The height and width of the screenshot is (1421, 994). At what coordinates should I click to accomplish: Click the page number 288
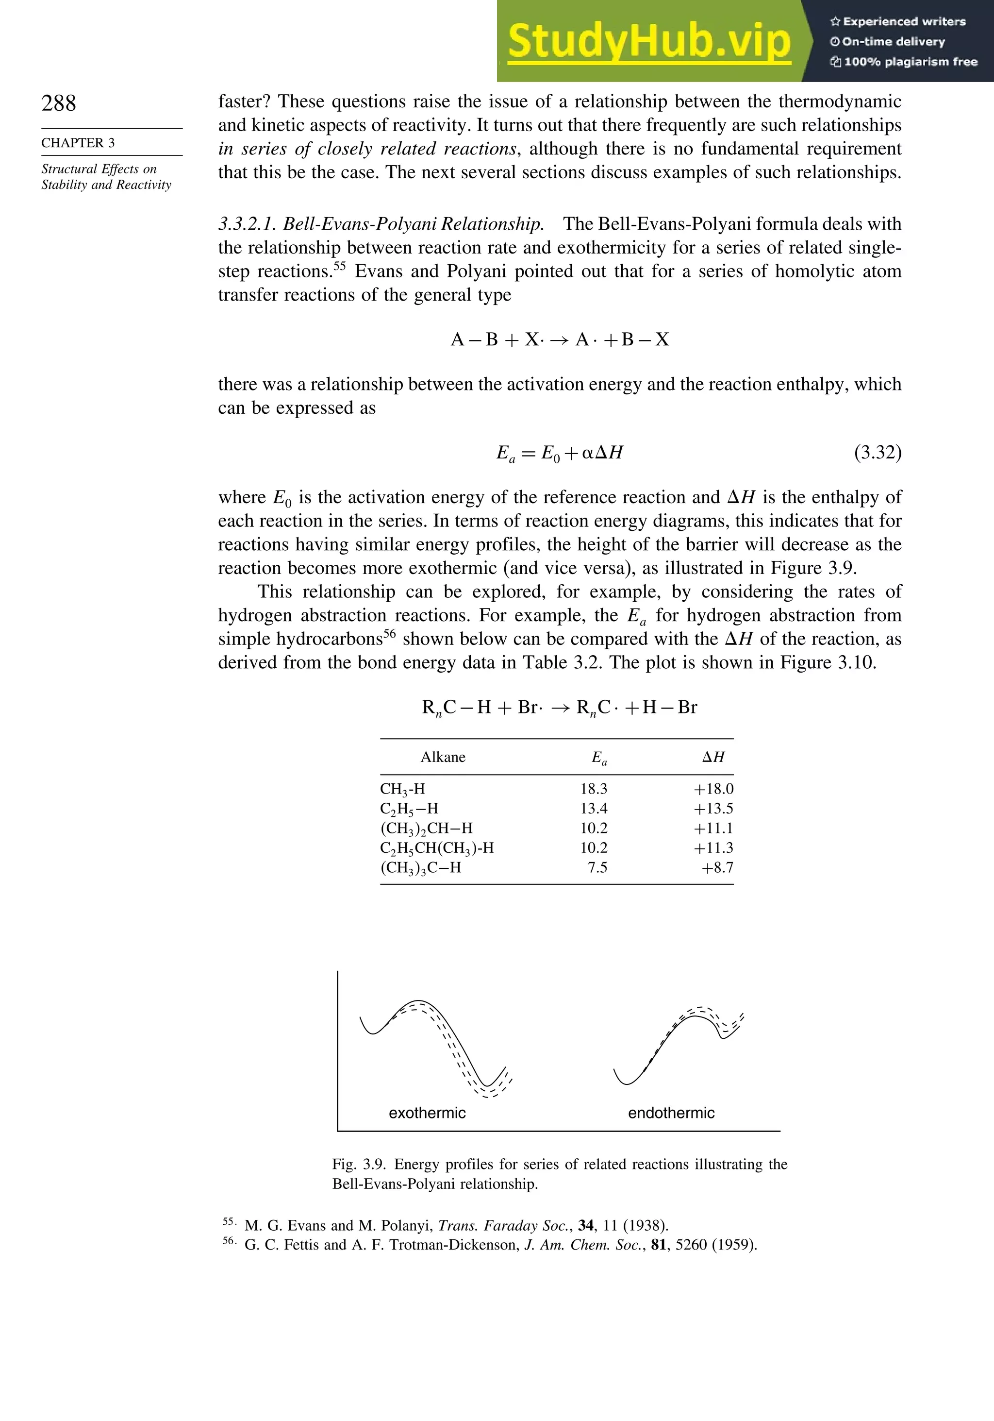[x=59, y=103]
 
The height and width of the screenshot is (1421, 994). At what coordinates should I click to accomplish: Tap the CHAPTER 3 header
[x=78, y=143]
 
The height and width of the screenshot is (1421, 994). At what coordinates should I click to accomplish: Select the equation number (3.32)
[x=877, y=453]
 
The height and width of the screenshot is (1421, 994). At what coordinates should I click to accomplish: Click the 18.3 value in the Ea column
[x=593, y=789]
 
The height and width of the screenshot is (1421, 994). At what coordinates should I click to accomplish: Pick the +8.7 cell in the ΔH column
[x=717, y=868]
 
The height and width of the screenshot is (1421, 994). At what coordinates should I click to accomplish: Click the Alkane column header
[x=443, y=758]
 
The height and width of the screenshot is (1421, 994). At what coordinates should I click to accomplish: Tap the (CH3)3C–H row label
[x=421, y=868]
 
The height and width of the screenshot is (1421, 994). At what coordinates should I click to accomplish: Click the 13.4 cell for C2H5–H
[x=593, y=809]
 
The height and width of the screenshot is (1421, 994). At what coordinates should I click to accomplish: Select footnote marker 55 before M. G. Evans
[x=228, y=1221]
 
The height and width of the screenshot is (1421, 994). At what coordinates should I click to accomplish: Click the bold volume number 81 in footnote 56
[x=658, y=1245]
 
